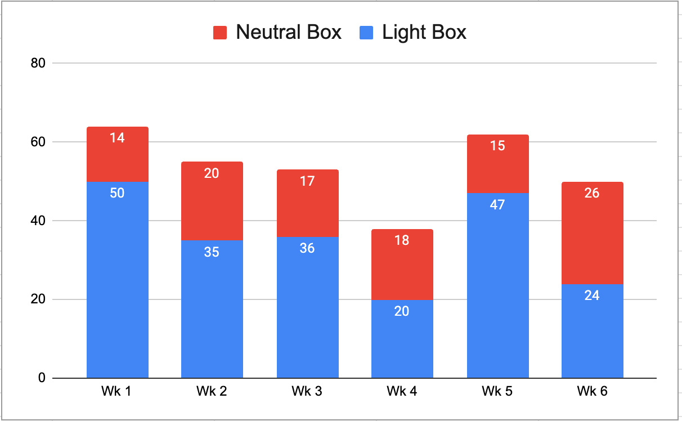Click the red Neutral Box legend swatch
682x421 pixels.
click(x=220, y=33)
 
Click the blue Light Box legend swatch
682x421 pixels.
click(x=366, y=33)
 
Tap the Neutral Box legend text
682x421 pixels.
click(x=289, y=32)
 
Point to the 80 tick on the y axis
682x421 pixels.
click(x=38, y=63)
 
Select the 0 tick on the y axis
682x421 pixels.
click(x=42, y=378)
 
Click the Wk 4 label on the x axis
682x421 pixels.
click(x=402, y=391)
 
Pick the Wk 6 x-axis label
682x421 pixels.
click(x=592, y=391)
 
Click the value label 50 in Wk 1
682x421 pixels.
click(x=117, y=193)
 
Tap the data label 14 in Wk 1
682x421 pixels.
click(x=117, y=138)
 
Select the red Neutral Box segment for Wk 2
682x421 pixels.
click(x=212, y=201)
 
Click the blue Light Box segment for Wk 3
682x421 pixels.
click(x=307, y=307)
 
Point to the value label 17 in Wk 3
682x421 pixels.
click(x=307, y=181)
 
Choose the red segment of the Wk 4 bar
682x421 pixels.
click(x=402, y=265)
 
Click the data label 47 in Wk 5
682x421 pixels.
click(x=497, y=205)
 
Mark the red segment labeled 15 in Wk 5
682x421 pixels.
click(x=498, y=164)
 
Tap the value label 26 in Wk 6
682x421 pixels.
click(x=592, y=193)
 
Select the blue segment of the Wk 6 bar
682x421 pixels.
click(x=593, y=331)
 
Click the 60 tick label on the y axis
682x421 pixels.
click(x=38, y=142)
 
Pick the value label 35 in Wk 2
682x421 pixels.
click(x=212, y=252)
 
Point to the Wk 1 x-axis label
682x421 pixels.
click(x=116, y=391)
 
